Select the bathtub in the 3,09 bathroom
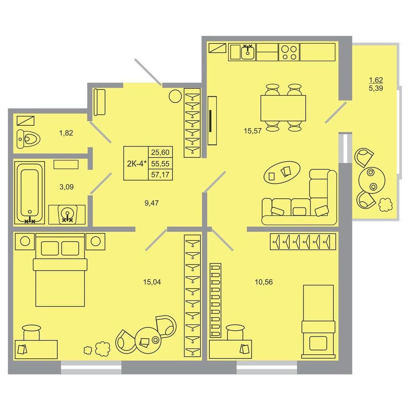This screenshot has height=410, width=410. pos(30,193)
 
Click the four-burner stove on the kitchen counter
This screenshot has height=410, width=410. pos(289,52)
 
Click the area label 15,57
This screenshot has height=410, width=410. pos(253,131)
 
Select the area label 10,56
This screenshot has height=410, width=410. pos(264,282)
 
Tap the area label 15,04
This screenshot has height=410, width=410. pos(152,282)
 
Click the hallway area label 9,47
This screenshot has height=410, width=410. pos(152,203)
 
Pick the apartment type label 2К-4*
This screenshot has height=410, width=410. pos(137,164)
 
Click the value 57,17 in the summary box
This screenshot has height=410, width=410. pos(160,175)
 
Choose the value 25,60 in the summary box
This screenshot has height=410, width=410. pos(160,152)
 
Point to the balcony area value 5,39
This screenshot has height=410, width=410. pos(376,88)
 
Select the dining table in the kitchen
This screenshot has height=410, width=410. pos(283,108)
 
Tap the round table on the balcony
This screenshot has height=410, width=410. pos(372,180)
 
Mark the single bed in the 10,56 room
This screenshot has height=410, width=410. pos(319,321)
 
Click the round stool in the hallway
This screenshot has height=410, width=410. pos(175,96)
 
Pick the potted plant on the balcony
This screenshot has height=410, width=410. pos(386,205)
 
